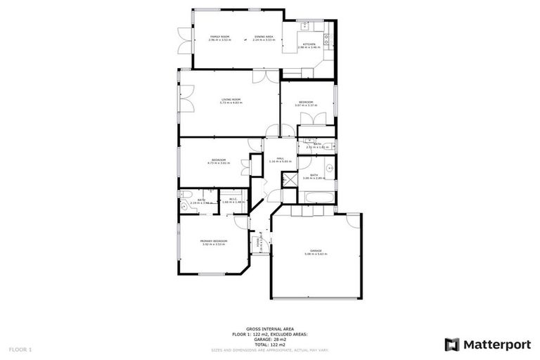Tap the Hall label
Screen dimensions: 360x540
coord(279,160)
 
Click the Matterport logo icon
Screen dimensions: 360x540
coord(452,345)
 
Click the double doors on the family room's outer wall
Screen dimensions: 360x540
coord(183,41)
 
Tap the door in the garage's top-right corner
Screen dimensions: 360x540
coord(353,219)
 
